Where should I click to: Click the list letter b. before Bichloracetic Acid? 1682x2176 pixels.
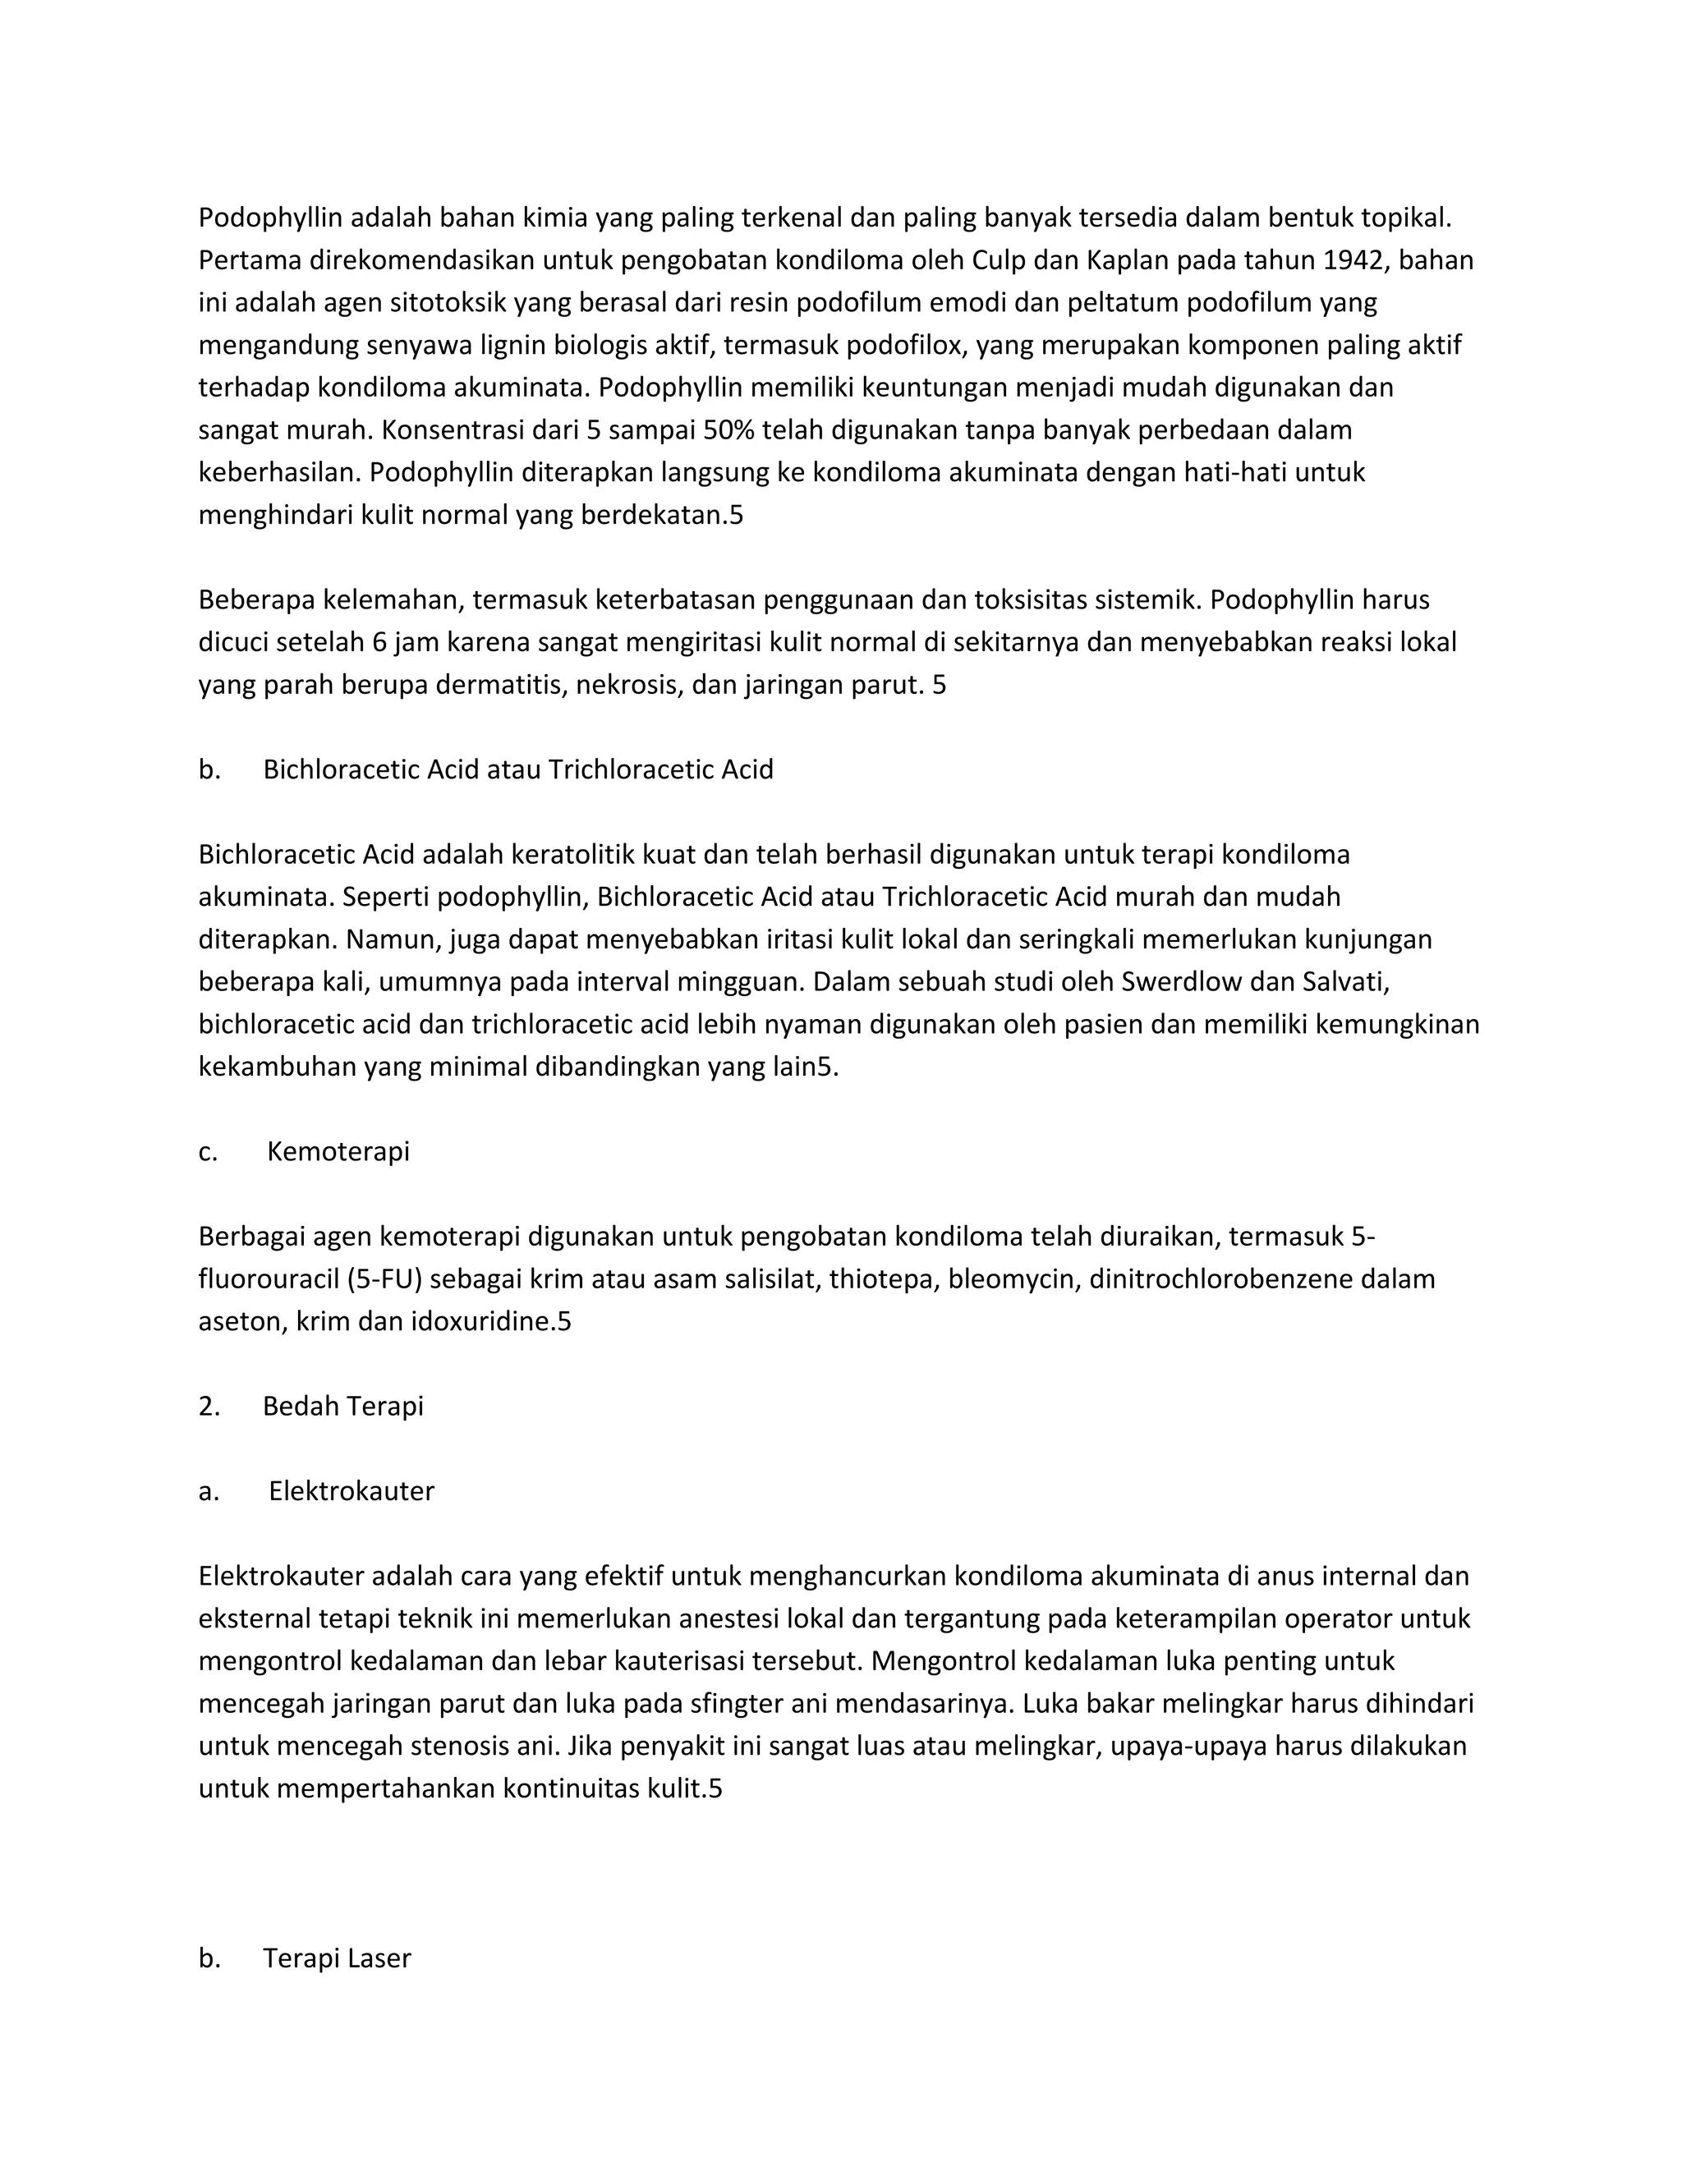click(209, 769)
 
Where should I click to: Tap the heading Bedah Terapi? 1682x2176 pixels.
click(342, 1406)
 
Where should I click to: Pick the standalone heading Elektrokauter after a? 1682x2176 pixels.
click(351, 1490)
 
